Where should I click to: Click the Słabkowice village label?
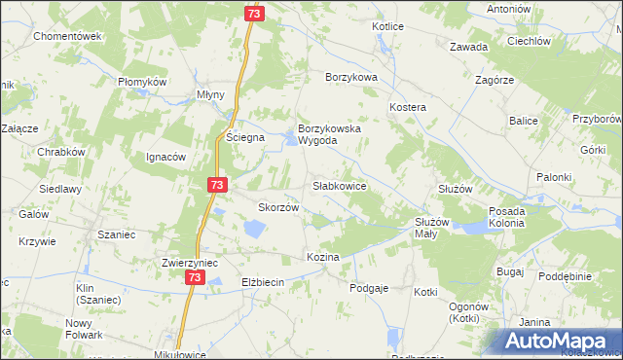coord(339,185)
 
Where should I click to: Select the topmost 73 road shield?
coord(253,14)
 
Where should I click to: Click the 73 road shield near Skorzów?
coord(217,185)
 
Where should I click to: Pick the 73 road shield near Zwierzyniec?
coord(195,278)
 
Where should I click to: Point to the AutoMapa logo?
coord(563,342)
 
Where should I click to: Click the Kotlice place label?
coord(387,26)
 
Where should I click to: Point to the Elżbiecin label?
coord(262,282)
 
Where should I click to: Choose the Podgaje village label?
coord(370,288)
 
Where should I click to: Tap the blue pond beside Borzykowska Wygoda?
coord(292,143)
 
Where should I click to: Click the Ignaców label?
coord(165,157)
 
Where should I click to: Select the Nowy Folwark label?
coord(84,329)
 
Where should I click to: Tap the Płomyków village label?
coord(144,82)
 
